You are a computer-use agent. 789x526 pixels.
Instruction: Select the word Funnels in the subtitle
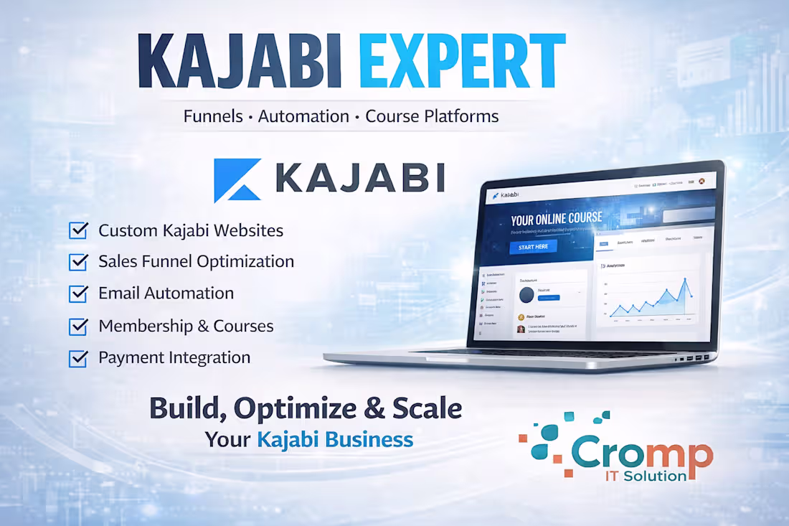[x=213, y=116]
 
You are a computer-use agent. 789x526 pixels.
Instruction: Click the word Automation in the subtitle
[x=303, y=116]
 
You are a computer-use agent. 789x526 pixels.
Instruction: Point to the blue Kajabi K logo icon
[x=237, y=180]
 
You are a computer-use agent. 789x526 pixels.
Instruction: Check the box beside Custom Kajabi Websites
[x=78, y=230]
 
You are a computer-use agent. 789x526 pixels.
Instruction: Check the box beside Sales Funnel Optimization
[x=78, y=262]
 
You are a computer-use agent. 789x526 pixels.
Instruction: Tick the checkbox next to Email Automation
[x=78, y=293]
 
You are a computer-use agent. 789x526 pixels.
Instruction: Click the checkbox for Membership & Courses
[x=78, y=326]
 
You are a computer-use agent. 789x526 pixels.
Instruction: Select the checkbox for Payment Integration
[x=78, y=357]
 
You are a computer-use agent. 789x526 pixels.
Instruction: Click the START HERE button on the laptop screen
[x=533, y=247]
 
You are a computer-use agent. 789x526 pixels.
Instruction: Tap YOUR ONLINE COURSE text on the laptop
[x=557, y=219]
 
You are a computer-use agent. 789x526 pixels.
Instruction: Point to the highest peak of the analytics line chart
[x=685, y=280]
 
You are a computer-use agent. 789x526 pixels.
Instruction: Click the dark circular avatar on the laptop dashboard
[x=527, y=296]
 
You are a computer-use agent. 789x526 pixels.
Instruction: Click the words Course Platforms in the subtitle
[x=432, y=116]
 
